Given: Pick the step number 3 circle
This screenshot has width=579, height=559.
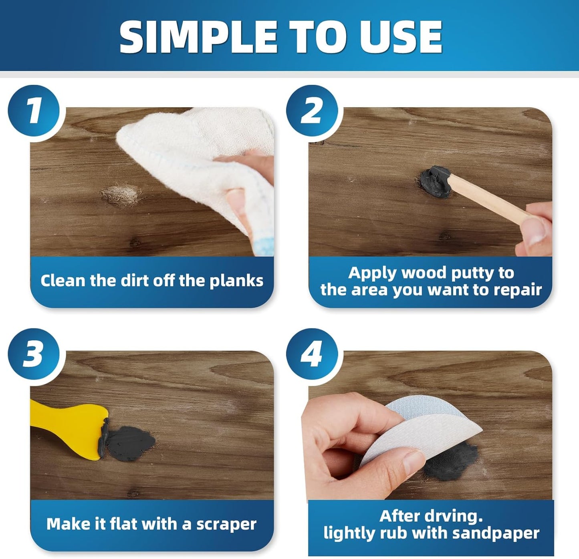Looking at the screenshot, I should coord(34,354).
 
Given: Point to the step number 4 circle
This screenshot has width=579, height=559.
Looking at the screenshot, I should coord(312,354).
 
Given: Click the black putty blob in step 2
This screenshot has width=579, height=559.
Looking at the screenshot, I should coord(435,182).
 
